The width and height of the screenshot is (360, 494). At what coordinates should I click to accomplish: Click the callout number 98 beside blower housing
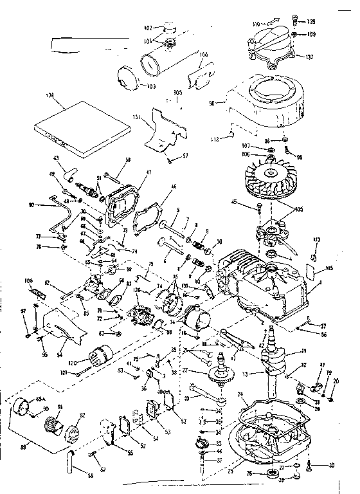(x=210, y=102)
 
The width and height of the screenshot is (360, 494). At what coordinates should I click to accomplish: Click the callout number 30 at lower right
(x=332, y=465)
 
